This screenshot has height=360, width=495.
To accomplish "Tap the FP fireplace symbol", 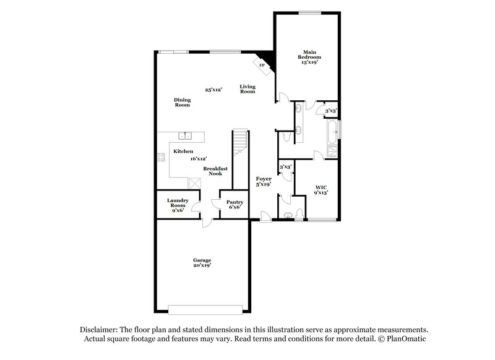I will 262,66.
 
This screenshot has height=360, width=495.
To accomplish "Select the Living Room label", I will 247,89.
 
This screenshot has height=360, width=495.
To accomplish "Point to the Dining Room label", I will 182,102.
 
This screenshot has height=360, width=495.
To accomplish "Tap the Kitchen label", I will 183,152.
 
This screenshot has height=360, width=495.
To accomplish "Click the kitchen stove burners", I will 161,157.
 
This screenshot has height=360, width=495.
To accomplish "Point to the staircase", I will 240,146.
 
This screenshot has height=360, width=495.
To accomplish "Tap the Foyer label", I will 264,181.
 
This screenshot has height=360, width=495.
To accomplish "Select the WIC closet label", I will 321,189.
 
